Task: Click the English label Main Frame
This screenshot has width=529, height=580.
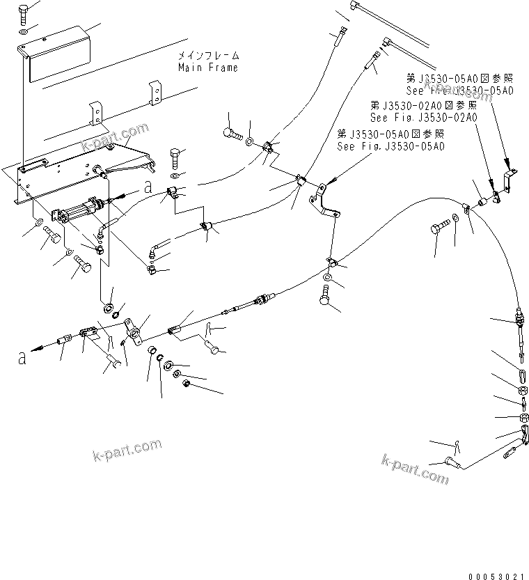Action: tap(207, 68)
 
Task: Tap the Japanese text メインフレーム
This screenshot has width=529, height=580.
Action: tap(207, 56)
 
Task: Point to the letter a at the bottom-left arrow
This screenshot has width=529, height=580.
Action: tap(22, 358)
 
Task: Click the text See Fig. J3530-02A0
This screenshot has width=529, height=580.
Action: tap(423, 118)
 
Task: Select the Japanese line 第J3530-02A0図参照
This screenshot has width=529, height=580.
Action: tap(423, 106)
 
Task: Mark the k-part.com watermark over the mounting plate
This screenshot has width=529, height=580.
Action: tap(115, 136)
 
